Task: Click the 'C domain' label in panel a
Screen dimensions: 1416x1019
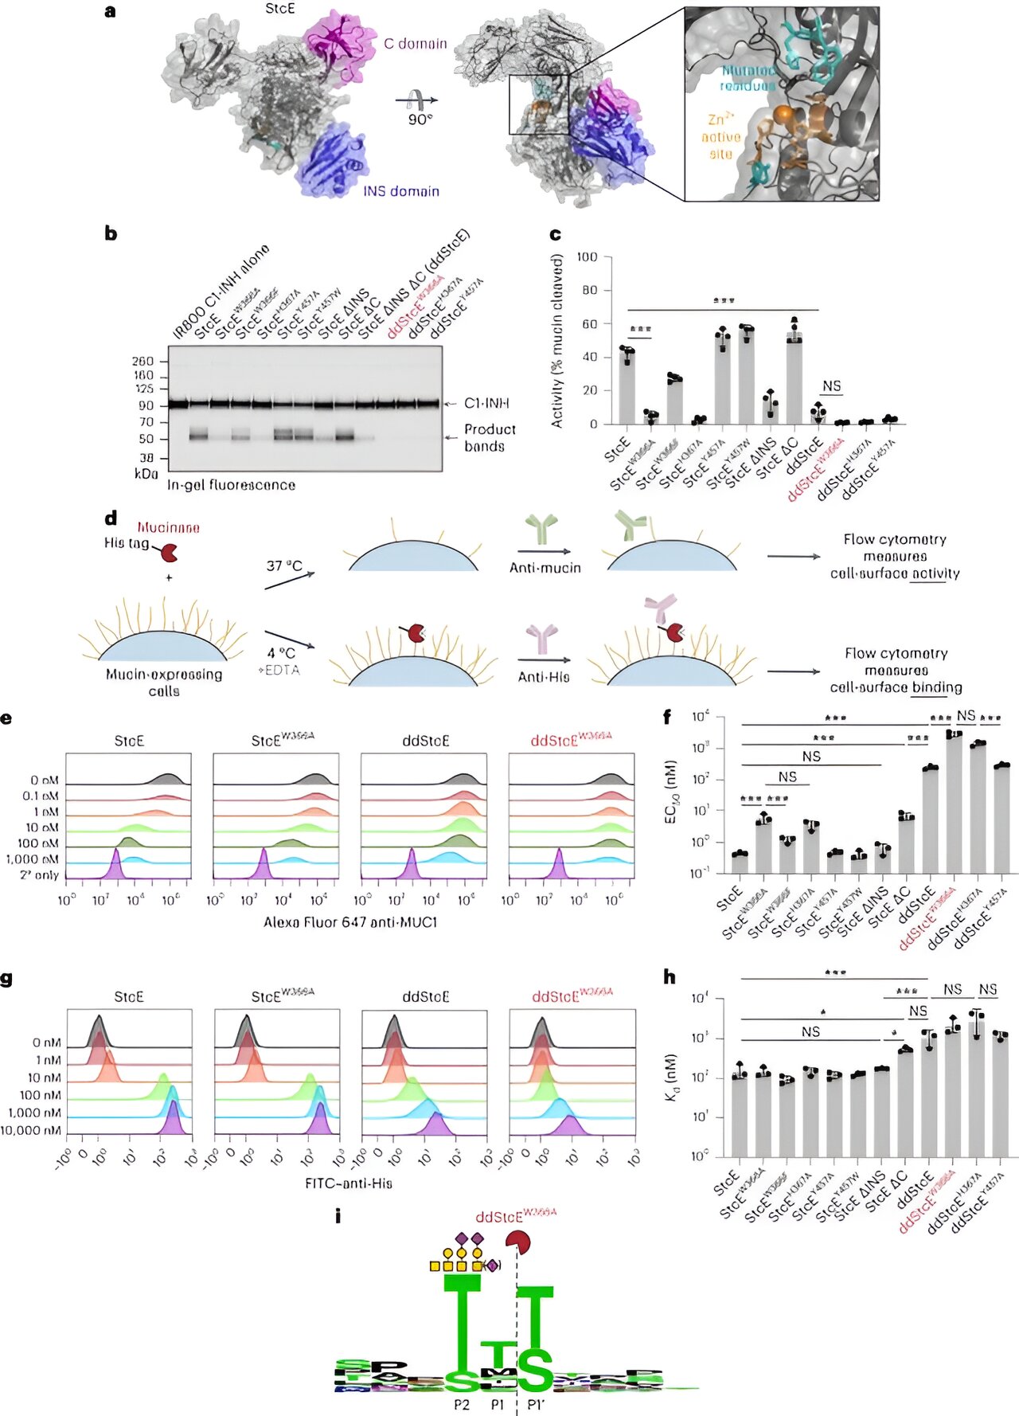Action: point(415,44)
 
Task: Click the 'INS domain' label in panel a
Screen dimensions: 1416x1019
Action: point(401,191)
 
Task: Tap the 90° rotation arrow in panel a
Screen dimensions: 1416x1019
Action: point(417,100)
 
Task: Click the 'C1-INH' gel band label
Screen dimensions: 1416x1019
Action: point(486,404)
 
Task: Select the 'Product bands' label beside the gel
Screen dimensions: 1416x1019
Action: point(490,437)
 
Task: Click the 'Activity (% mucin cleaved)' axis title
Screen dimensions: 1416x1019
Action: point(557,341)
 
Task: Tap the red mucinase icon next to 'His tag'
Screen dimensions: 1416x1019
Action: point(169,552)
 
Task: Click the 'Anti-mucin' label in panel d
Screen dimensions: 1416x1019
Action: point(545,568)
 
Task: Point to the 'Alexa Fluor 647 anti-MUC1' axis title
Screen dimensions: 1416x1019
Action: point(350,922)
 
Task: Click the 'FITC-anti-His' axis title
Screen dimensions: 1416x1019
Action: point(349,1183)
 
